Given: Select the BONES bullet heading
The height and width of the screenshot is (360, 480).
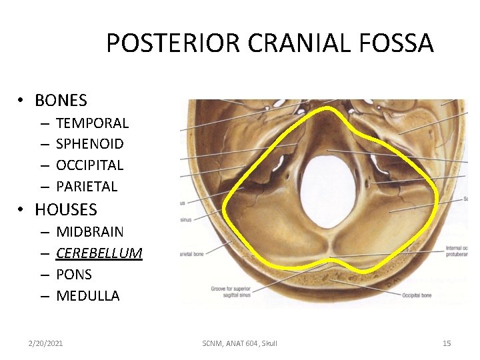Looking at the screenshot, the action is coord(61,101).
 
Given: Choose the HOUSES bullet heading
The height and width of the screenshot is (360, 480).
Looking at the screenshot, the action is coord(65,210).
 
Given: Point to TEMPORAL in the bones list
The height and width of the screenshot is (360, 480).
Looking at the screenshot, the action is coord(92,123).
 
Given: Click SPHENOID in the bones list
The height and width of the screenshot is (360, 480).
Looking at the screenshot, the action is coord(90,144).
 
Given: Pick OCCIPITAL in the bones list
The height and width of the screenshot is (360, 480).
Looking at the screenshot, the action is coord(90,165).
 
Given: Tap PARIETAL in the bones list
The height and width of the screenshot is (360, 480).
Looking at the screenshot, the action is coord(87,187).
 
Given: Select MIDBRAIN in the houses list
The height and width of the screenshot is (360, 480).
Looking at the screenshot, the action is coord(90,232).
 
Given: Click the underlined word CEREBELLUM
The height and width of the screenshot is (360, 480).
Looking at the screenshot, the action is coord(99,253).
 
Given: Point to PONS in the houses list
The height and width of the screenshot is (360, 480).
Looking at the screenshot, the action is coord(74,275).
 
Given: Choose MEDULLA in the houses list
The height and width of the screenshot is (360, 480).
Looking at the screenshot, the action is coord(88,296).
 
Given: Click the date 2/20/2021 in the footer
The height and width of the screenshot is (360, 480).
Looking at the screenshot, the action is coord(45,343).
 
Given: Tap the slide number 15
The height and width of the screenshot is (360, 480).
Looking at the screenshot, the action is coord(447,343).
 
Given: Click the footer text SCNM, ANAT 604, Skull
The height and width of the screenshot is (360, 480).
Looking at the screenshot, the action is coord(239,343).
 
